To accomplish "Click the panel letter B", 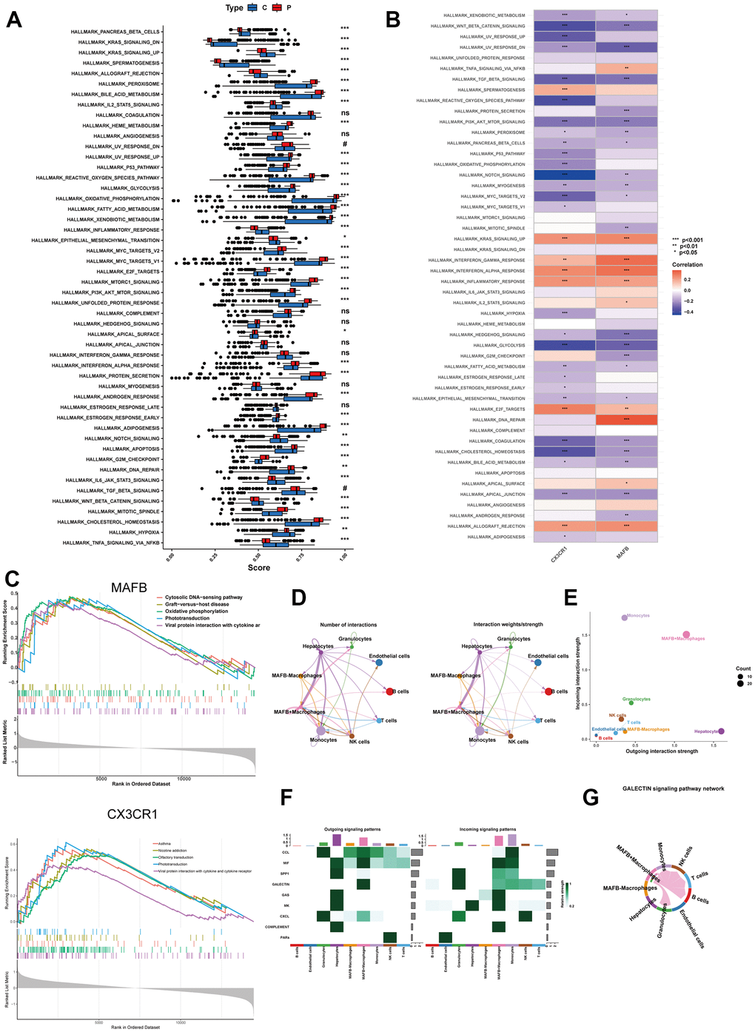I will pyautogui.click(x=393, y=19).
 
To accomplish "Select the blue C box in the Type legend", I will pyautogui.click(x=253, y=7).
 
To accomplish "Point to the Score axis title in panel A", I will pyautogui.click(x=258, y=568).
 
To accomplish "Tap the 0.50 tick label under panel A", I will pyautogui.click(x=257, y=556).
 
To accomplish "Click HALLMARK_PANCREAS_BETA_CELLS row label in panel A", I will pyautogui.click(x=115, y=32).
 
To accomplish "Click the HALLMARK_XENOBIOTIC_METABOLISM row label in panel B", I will pyautogui.click(x=484, y=15).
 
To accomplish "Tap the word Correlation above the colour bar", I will pyautogui.click(x=688, y=264).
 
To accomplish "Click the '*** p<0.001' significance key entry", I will pyautogui.click(x=688, y=240).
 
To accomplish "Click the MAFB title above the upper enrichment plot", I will pyautogui.click(x=129, y=588).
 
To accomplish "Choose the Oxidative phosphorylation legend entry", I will pyautogui.click(x=196, y=612).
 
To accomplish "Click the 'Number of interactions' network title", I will pyautogui.click(x=348, y=625).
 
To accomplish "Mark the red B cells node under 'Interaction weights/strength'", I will pyautogui.click(x=549, y=691).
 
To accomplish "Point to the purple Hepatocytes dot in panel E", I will pyautogui.click(x=721, y=731).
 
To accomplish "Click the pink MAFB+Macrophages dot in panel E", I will pyautogui.click(x=686, y=634).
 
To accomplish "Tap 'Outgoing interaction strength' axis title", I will pyautogui.click(x=662, y=751).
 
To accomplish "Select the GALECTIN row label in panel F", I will pyautogui.click(x=281, y=885).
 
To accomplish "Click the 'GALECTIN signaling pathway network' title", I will pyautogui.click(x=673, y=788).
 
